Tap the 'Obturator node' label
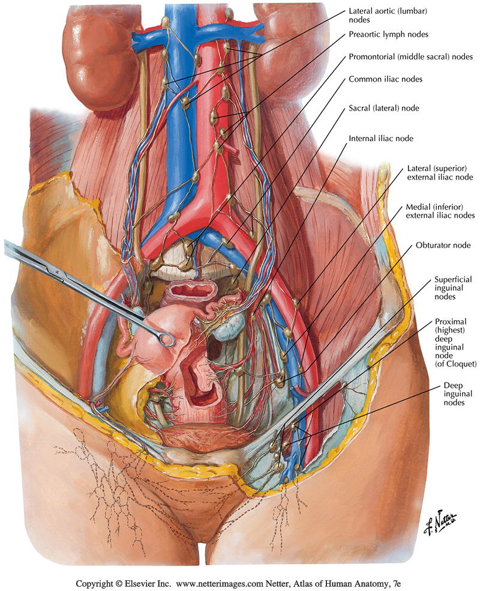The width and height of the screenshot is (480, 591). pos(443,246)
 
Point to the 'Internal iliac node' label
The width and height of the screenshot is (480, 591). pos(380,138)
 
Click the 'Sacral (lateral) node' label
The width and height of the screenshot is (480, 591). pos(384,108)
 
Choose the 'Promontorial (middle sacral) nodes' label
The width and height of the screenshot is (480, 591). pos(411,58)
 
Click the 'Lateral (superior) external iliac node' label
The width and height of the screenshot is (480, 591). pos(439,173)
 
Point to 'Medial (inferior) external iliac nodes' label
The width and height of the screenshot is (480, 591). pos(440,211)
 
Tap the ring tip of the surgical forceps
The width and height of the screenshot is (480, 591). pos(167,341)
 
